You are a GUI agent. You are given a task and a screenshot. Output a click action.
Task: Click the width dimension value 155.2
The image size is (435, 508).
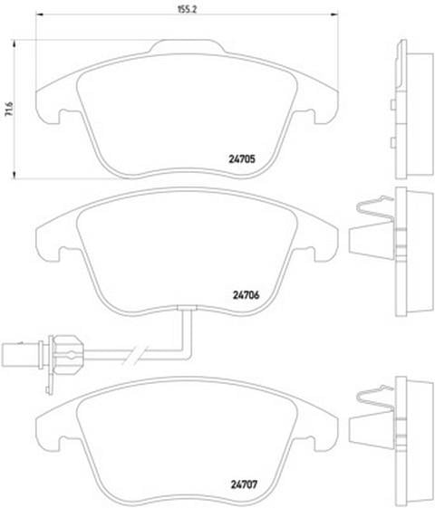[187, 9]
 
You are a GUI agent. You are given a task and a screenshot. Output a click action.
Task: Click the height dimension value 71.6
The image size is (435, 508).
[9, 109]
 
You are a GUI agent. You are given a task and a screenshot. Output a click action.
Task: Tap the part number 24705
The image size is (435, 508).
[242, 159]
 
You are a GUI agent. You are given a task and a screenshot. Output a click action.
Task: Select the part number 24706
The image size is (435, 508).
[246, 295]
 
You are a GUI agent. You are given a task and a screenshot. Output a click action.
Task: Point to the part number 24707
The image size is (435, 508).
[244, 484]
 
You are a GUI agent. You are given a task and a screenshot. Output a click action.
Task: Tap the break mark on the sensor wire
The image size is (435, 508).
[135, 355]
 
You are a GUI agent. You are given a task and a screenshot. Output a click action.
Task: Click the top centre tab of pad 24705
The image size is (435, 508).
[187, 46]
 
